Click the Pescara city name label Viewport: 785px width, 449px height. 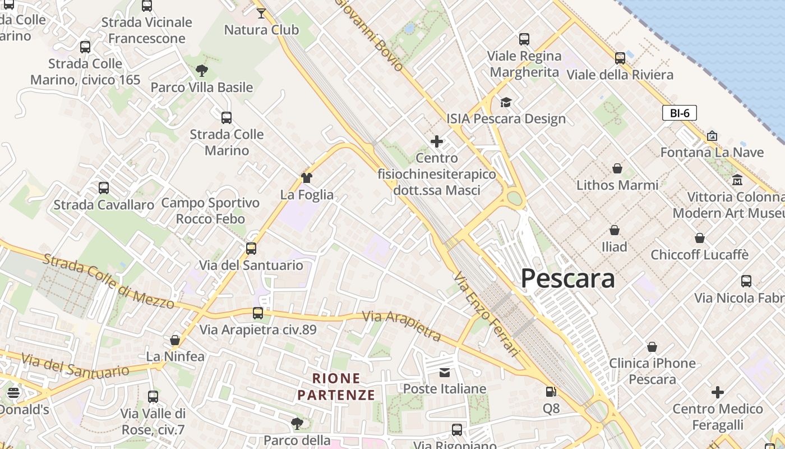tap(567, 278)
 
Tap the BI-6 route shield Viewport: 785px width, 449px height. tap(680, 113)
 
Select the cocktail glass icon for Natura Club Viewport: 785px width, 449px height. tap(261, 13)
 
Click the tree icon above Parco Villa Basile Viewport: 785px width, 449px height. tap(202, 71)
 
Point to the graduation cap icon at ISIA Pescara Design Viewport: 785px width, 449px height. tap(506, 102)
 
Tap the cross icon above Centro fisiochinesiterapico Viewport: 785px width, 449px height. tap(437, 141)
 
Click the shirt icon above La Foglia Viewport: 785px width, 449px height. tap(307, 178)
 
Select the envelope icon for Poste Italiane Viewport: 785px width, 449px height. tap(445, 372)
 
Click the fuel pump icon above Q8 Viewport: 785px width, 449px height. tap(551, 392)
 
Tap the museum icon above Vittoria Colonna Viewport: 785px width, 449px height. tap(737, 180)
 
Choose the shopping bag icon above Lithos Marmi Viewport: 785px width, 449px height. tap(617, 168)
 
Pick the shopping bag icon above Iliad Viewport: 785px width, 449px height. tap(615, 230)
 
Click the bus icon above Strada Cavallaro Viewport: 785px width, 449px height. tap(104, 188)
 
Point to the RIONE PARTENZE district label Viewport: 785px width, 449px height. tap(336, 387)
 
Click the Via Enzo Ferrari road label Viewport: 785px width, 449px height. tap(486, 314)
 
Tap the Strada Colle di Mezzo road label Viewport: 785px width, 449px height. tap(109, 281)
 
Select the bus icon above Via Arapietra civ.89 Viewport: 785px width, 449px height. tap(258, 313)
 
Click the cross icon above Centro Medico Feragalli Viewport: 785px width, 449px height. tap(718, 392)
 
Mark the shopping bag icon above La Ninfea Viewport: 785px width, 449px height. tap(175, 340)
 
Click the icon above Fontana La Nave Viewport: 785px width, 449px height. tap(712, 136)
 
